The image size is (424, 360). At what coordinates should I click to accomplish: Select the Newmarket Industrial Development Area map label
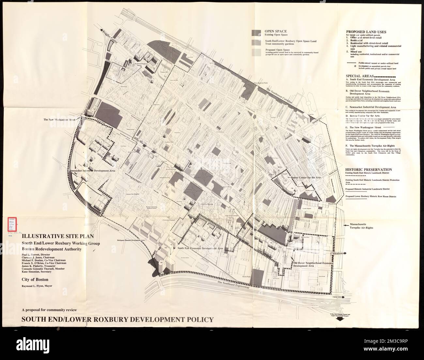(x=92, y=170)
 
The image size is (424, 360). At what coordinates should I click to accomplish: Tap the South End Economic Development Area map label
(x=200, y=248)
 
